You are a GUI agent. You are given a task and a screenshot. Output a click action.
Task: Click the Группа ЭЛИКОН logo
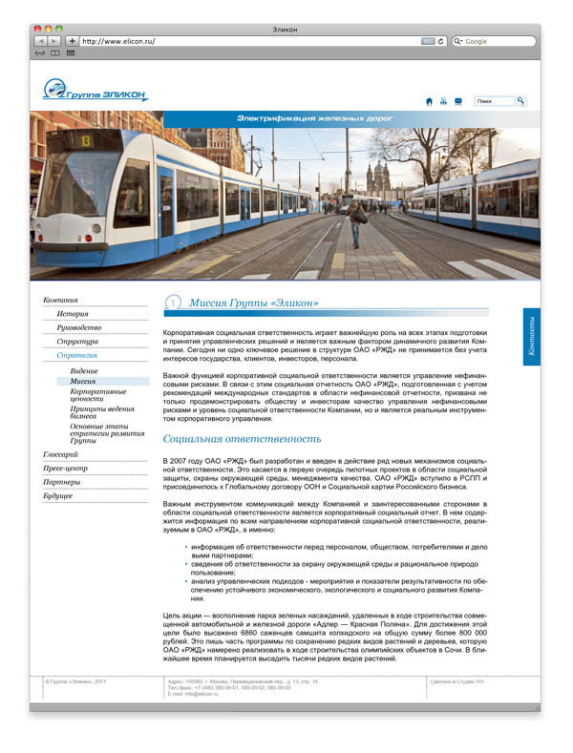(x=95, y=91)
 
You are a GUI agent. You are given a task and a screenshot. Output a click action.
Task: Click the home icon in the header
(x=429, y=100)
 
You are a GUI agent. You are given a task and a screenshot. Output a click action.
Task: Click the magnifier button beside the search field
(x=520, y=100)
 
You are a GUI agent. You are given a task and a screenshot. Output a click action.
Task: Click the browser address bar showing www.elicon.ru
(x=248, y=42)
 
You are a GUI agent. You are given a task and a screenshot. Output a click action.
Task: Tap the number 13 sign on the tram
(x=85, y=140)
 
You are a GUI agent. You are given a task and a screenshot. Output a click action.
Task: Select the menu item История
(x=72, y=313)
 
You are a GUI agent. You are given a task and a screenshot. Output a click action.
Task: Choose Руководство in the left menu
(x=78, y=327)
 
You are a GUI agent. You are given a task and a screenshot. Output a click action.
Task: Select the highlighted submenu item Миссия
(x=82, y=381)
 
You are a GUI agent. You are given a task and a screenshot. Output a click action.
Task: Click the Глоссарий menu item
(x=60, y=454)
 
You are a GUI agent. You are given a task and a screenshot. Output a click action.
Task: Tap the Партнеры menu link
(x=61, y=482)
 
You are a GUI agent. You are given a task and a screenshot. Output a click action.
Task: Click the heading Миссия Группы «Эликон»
(x=253, y=303)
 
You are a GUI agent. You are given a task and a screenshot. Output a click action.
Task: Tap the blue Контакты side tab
(x=532, y=337)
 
